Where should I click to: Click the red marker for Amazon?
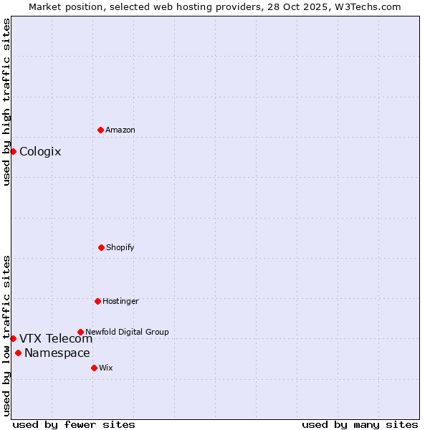tap(100, 130)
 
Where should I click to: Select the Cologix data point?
tap(13, 151)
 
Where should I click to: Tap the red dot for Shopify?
tap(101, 247)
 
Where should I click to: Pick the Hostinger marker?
tap(97, 301)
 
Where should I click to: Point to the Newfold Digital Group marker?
tap(80, 332)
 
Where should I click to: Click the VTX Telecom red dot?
tap(13, 338)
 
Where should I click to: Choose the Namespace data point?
tap(18, 353)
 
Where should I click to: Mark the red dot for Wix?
tap(94, 368)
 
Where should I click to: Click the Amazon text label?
tap(120, 130)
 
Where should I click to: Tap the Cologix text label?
tap(40, 151)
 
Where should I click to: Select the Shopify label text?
tap(120, 247)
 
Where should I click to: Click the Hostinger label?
tap(120, 301)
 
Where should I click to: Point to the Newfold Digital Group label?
tap(127, 332)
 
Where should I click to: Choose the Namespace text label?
tap(57, 353)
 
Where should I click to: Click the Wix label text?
tap(106, 368)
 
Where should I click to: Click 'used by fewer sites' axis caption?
tap(74, 424)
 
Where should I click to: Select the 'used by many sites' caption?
tap(360, 424)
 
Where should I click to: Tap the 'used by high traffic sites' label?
tap(6, 102)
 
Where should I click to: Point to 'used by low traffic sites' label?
tap(6, 335)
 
